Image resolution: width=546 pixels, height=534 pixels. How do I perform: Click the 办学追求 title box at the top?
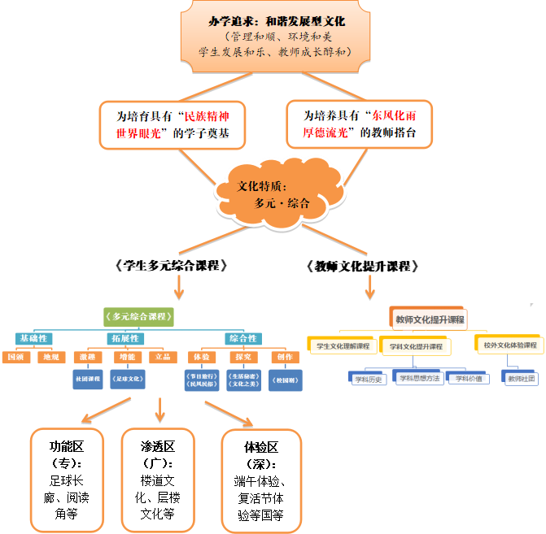click(x=272, y=37)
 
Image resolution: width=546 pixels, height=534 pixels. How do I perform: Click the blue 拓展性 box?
click(x=124, y=338)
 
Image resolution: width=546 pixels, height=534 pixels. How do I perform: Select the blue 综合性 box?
click(x=242, y=338)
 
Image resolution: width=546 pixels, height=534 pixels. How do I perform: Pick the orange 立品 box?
click(x=163, y=357)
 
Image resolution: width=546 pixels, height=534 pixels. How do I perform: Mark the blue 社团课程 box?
click(x=86, y=379)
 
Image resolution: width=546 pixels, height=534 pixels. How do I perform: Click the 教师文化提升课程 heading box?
click(x=430, y=319)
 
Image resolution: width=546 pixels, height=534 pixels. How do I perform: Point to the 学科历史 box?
click(x=369, y=378)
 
